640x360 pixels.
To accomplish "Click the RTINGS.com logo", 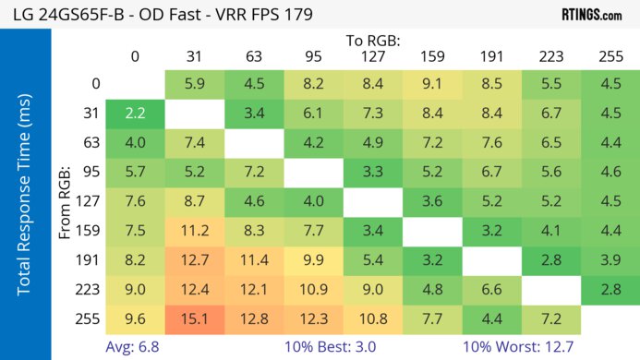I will coord(590,15).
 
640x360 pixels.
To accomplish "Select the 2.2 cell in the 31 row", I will coord(134,113).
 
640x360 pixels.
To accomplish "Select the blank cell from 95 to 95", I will coord(312,172).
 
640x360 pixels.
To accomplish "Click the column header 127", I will coord(372,57).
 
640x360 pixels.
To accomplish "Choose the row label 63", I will coord(90,142).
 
